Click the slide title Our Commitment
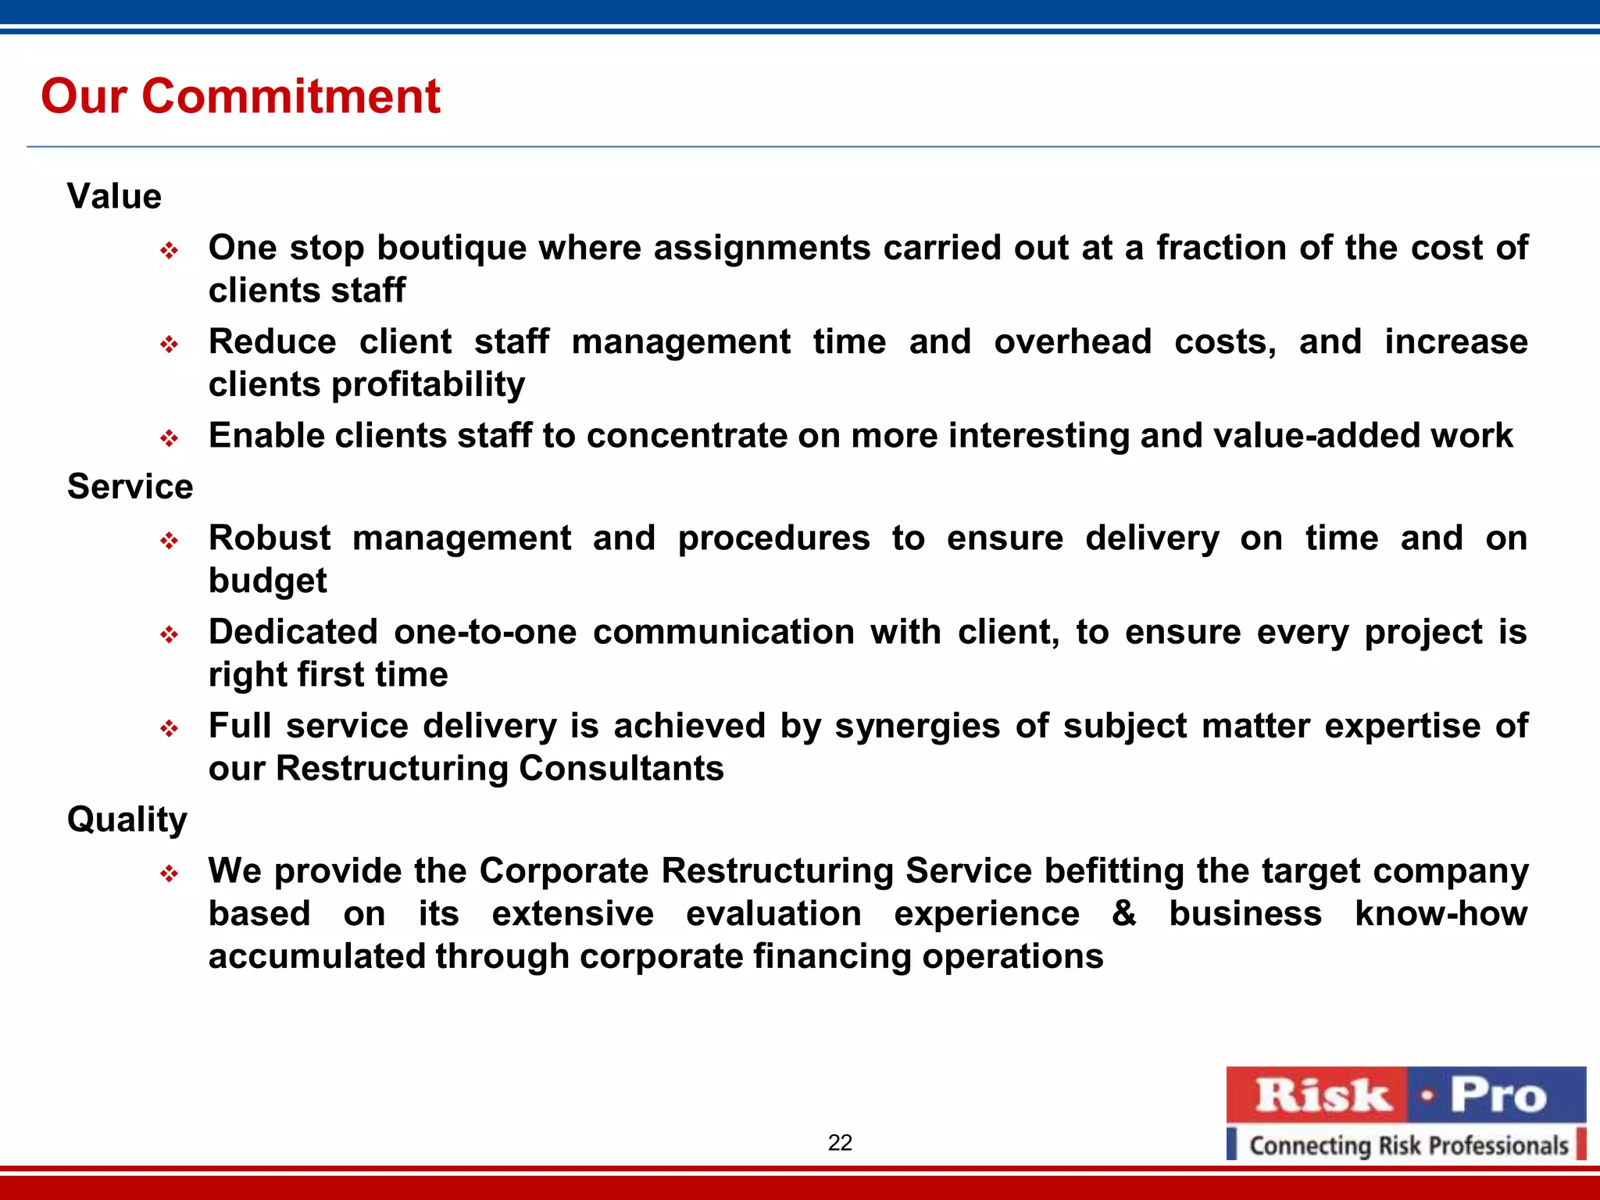pos(241,96)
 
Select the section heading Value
pos(114,196)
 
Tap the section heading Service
pos(130,487)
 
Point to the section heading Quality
pos(127,820)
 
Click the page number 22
pos(840,1143)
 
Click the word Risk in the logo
pos(1322,1095)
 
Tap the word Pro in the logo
pos(1498,1095)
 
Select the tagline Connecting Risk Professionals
pos(1408,1145)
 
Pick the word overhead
pos(1073,342)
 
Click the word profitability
pos(428,385)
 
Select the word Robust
pos(270,538)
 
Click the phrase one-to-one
pos(485,632)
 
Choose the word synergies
pos(917,727)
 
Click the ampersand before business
pos(1123,913)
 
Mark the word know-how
pos(1441,913)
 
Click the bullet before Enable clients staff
pos(170,438)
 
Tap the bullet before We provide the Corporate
pos(170,873)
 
